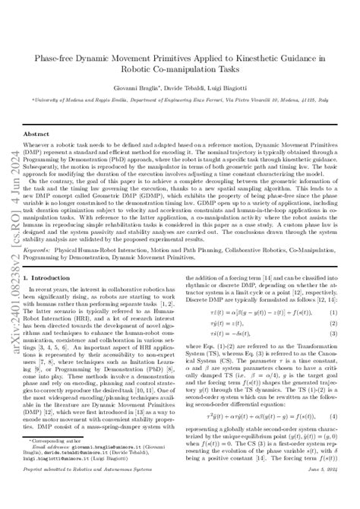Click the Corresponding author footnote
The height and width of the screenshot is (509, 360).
tap(59, 460)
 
